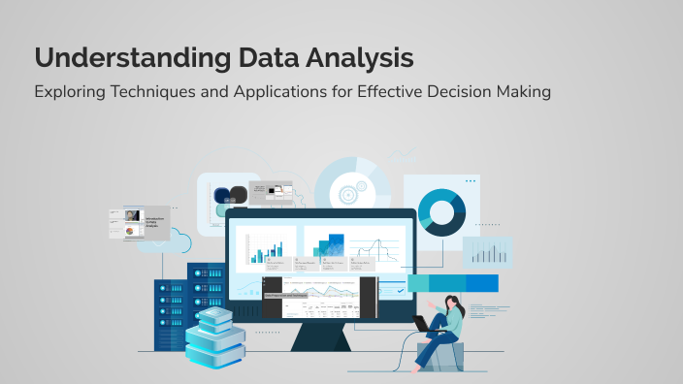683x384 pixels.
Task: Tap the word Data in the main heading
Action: [265, 57]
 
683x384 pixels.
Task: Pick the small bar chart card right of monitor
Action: [486, 252]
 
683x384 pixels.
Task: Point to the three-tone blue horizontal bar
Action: [453, 282]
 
